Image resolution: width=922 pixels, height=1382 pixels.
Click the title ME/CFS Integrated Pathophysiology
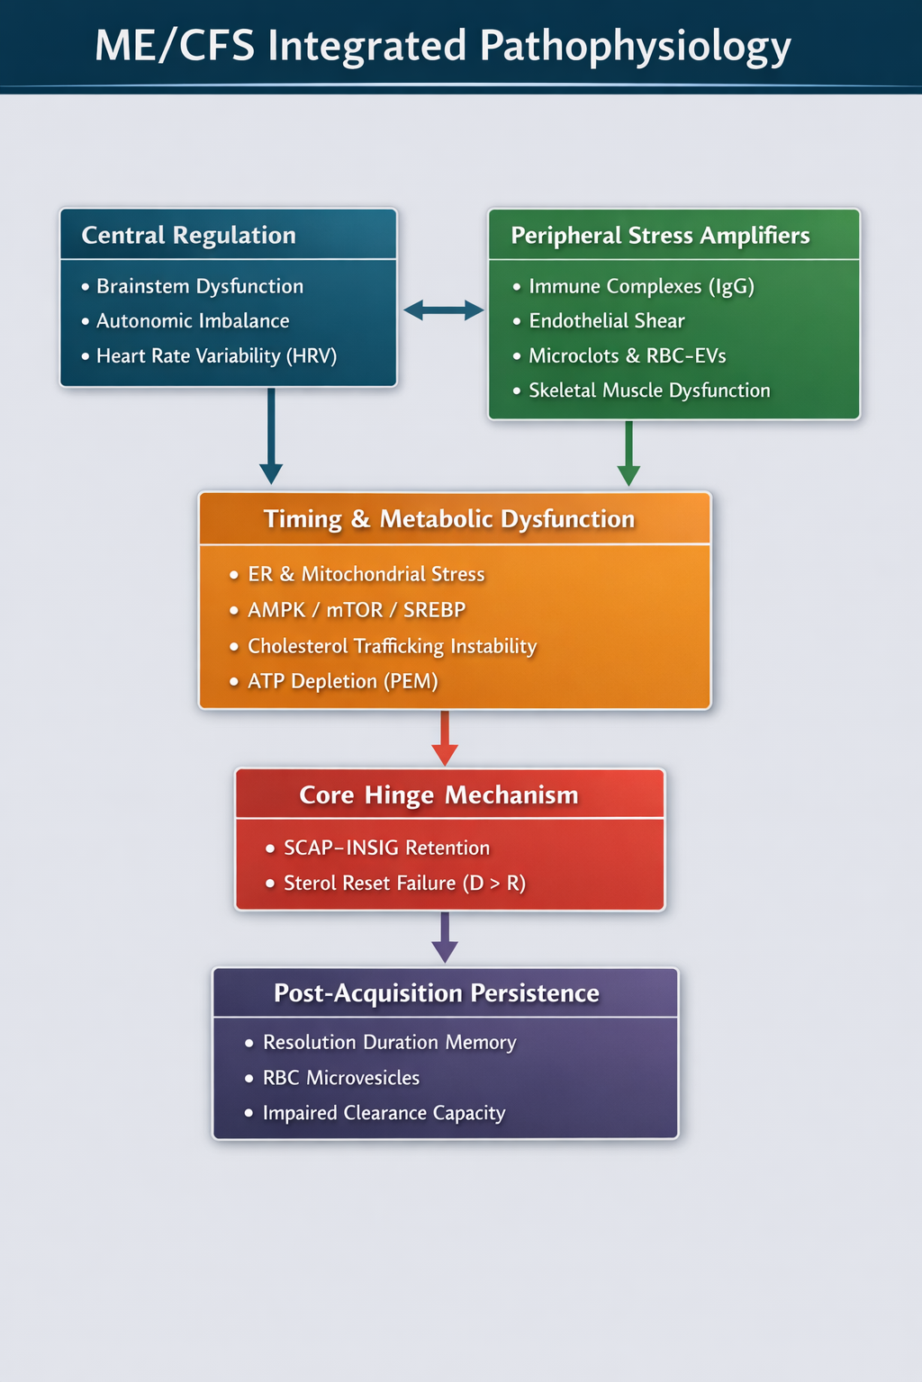coord(442,47)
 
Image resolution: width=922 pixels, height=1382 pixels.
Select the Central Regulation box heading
coord(188,236)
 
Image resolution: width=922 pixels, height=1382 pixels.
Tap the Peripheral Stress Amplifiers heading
coord(660,236)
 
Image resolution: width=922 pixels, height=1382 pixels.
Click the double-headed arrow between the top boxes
coord(443,310)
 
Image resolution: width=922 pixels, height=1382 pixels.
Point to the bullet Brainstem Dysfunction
coord(199,286)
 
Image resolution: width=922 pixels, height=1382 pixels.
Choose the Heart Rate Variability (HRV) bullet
coord(216,356)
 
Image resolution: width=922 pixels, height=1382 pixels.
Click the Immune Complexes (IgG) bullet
coord(641,286)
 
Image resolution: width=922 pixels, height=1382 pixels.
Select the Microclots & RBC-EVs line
coord(627,356)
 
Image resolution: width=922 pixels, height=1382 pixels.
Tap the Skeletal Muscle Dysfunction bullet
coord(649,390)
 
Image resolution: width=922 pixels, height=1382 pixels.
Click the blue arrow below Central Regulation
coord(271,436)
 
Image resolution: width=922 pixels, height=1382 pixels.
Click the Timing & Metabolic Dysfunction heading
coord(448,519)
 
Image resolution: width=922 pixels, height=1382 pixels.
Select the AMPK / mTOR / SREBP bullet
coord(356,610)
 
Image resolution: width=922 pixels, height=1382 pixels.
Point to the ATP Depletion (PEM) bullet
coord(342,681)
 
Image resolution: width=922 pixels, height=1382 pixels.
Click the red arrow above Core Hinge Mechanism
coord(445,738)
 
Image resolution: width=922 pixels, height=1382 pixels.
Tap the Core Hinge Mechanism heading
coord(438,795)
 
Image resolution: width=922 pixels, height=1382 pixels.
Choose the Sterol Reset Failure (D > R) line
coord(404,884)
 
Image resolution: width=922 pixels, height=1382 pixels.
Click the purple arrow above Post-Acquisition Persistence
coord(445,938)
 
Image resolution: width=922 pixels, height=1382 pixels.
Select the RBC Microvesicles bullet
coord(340,1078)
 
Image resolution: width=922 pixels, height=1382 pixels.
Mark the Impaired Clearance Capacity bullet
coord(384,1113)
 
